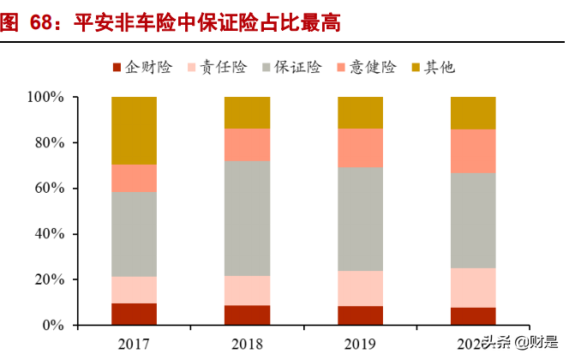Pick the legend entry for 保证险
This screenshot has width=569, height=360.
click(x=297, y=67)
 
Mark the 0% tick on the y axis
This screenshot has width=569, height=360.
click(x=53, y=326)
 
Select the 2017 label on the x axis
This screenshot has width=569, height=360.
click(x=134, y=344)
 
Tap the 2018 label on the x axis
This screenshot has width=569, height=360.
click(x=247, y=344)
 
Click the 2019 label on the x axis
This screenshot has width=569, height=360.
click(x=360, y=344)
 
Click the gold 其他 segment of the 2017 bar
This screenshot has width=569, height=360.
click(x=134, y=130)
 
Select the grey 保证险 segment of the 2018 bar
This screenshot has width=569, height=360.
click(x=247, y=218)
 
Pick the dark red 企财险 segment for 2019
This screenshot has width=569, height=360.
click(x=360, y=315)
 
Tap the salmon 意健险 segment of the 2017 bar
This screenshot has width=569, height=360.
click(x=134, y=177)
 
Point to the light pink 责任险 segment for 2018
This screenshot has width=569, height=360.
click(x=247, y=291)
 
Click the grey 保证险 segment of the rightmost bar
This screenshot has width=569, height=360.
click(x=473, y=220)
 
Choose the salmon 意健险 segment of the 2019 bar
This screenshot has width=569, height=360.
click(x=360, y=147)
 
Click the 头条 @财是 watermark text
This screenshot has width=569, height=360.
click(x=512, y=343)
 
